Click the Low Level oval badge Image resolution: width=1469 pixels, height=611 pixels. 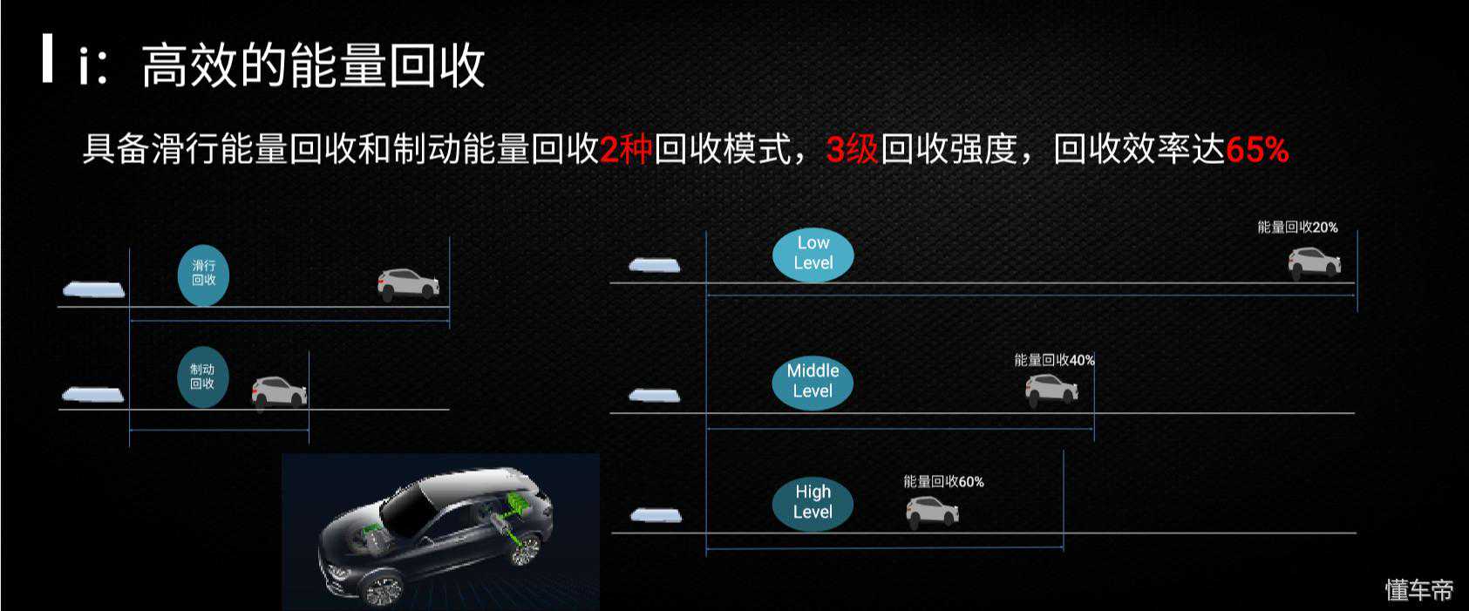point(813,255)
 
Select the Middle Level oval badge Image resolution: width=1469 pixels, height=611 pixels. point(813,383)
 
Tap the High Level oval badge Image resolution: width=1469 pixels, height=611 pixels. point(813,504)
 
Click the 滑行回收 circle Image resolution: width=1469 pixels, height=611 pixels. point(203,275)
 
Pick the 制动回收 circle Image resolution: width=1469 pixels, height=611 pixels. point(203,377)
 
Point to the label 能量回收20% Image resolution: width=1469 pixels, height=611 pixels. point(1297,227)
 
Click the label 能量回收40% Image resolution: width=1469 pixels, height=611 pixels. point(1054,360)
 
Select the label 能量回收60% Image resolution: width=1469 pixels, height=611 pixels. point(943,482)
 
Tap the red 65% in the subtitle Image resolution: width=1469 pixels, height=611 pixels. point(1257,149)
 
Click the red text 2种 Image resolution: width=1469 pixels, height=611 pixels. point(626,149)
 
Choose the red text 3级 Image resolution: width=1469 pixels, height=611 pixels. point(852,149)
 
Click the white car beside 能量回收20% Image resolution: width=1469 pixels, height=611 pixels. point(1314,263)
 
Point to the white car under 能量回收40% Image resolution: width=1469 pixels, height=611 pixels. point(1051,390)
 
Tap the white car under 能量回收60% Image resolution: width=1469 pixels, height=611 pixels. point(932,512)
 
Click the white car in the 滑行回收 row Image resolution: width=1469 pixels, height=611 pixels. point(408,285)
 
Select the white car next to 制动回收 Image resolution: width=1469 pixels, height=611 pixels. point(279,391)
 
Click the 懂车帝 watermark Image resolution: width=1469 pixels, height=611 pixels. point(1419,590)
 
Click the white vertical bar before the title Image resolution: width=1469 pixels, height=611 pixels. point(47,58)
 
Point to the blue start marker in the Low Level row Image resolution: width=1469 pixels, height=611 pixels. point(655,265)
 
